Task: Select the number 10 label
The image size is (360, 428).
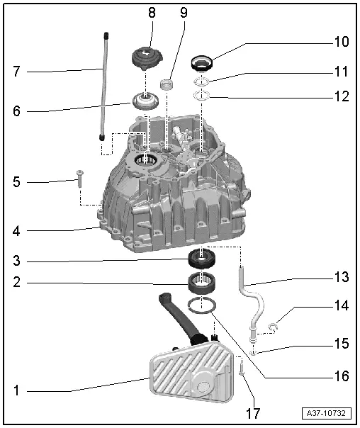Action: pyautogui.click(x=342, y=42)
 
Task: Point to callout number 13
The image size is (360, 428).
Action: pyautogui.click(x=342, y=278)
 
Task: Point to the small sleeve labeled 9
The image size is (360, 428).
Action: pyautogui.click(x=169, y=85)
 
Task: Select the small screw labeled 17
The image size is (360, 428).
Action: pyautogui.click(x=242, y=368)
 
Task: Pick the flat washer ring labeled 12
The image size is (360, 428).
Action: pyautogui.click(x=201, y=95)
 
